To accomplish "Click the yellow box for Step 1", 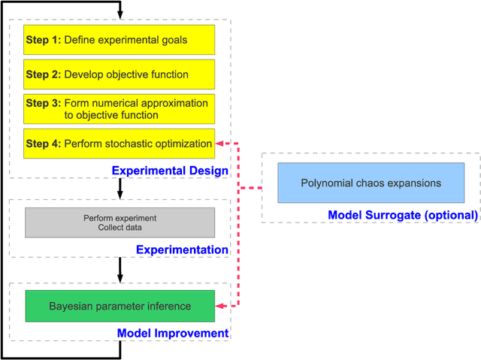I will coord(119,39).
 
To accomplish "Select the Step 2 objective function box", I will coord(119,74).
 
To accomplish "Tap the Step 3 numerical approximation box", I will coord(119,109).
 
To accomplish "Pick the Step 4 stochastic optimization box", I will coord(119,143).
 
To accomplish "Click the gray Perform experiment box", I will coord(119,222).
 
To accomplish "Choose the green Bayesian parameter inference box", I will coord(119,306).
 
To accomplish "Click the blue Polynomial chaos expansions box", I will coord(371,183).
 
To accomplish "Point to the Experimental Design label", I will coord(170,171).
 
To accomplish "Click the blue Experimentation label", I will coord(182,250).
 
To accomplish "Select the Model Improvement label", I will coord(173,333).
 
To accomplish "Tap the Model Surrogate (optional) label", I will coord(402,215).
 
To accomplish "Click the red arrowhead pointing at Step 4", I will coord(219,143).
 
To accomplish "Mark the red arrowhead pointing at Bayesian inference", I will coord(219,306).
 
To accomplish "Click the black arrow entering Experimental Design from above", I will coord(119,16).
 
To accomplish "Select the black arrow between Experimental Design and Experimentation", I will coord(119,192).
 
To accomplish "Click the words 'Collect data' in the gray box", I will coord(119,228).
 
